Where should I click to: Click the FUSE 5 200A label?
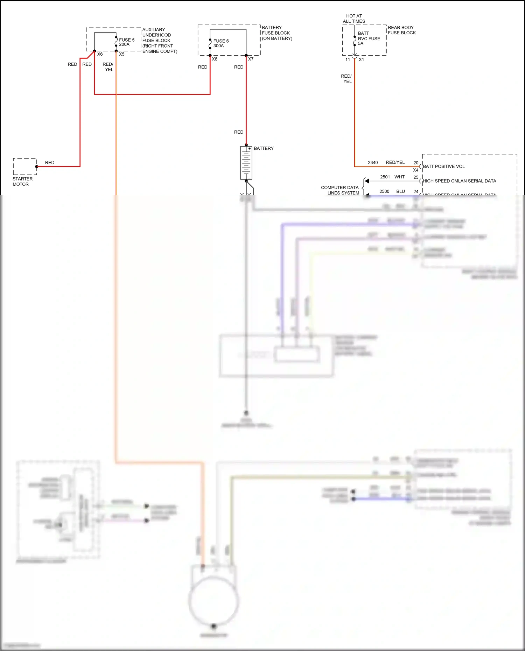coord(126,42)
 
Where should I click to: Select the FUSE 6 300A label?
coord(221,43)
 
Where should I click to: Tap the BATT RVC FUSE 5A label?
coord(369,38)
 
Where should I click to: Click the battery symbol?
coord(246,163)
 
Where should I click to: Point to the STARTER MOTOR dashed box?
coord(25,167)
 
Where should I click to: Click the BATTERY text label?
coord(264,148)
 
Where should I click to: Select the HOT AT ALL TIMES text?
coord(354,19)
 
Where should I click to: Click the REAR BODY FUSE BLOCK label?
coord(401,30)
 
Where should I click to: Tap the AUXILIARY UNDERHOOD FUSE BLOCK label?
coord(159,40)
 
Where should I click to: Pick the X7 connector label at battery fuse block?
coord(251,59)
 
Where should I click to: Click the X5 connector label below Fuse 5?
coord(121,54)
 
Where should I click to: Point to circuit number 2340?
coord(373,163)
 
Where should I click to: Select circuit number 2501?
coord(385,177)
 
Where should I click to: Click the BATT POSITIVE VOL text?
coord(443,167)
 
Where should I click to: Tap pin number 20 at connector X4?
coord(416,163)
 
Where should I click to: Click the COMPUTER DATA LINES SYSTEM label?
coord(340,190)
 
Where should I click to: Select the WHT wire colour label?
coord(399,177)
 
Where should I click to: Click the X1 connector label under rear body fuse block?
coord(361,60)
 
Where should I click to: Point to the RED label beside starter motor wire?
coord(50,163)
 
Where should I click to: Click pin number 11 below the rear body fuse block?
coord(348,60)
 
